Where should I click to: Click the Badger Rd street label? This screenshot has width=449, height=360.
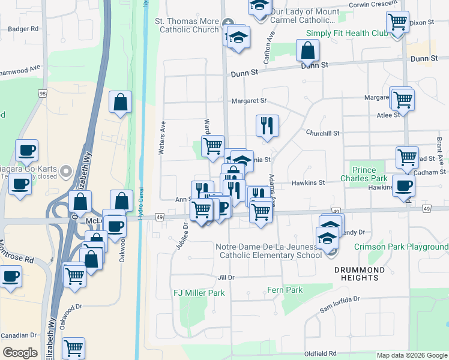click(23, 28)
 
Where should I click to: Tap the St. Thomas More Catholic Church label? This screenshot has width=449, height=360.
click(187, 25)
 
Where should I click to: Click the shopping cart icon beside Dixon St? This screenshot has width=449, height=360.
click(397, 23)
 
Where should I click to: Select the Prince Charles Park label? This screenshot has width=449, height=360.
click(369, 174)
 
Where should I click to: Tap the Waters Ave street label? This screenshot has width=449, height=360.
click(162, 139)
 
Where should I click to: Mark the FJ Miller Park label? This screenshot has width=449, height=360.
click(199, 293)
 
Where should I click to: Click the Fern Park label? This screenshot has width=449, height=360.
click(285, 290)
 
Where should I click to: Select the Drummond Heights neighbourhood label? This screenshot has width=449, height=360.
click(360, 274)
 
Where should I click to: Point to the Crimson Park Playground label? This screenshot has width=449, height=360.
click(401, 247)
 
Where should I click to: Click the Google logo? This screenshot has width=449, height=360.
click(20, 353)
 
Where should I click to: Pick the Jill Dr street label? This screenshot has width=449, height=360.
click(226, 277)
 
